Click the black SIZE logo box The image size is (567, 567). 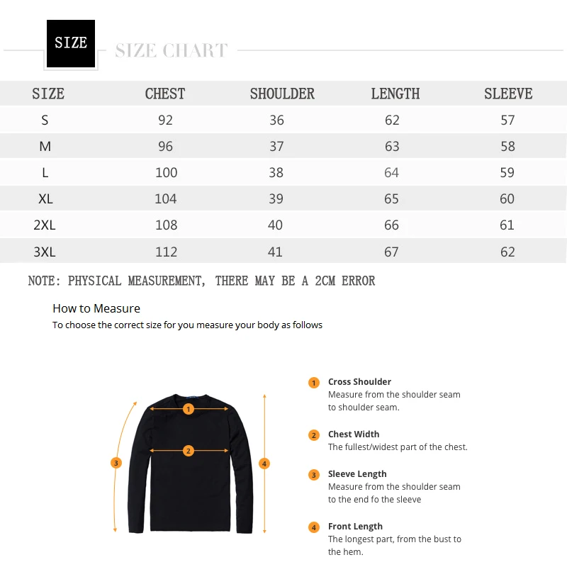(x=71, y=43)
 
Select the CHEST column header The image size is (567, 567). (x=165, y=94)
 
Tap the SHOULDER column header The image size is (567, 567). (x=282, y=94)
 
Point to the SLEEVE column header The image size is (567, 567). (x=508, y=94)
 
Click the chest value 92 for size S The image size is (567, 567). (x=165, y=120)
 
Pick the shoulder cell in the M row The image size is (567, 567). (x=276, y=146)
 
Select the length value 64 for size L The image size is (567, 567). (x=392, y=172)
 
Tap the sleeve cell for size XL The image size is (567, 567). (x=507, y=198)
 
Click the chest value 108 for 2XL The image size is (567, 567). (x=165, y=225)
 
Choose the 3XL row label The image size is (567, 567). (x=44, y=252)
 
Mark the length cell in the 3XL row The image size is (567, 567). (x=391, y=252)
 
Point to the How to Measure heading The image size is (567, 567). (x=96, y=308)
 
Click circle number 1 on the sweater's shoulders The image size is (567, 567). (x=189, y=409)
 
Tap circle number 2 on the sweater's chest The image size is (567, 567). (x=189, y=451)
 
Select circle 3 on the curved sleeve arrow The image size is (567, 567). (x=116, y=463)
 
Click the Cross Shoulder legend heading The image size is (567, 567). (x=359, y=381)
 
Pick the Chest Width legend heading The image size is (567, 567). (x=354, y=434)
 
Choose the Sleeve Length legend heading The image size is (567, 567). (x=357, y=473)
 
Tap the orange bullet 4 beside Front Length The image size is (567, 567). (x=314, y=527)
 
